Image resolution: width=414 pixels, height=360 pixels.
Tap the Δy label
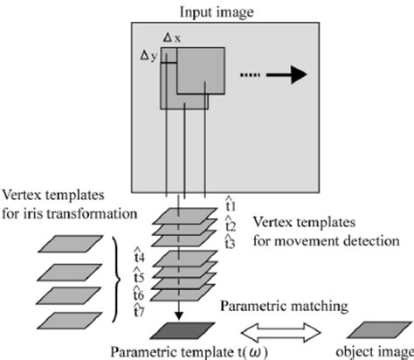pyautogui.click(x=149, y=54)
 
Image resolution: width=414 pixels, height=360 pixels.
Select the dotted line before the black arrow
pyautogui.click(x=250, y=76)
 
